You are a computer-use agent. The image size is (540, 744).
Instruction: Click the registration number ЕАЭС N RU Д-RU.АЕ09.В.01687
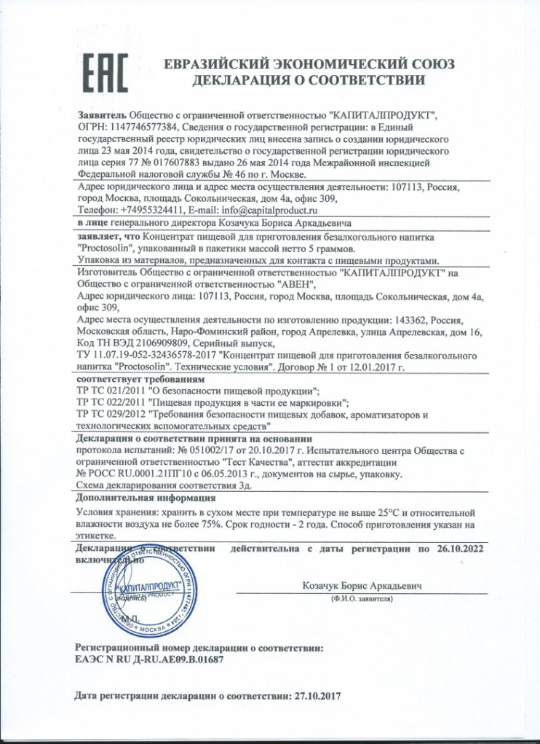coord(149,659)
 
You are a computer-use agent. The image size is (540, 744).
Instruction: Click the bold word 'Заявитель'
coord(102,115)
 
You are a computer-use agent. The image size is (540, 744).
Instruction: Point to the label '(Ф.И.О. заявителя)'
coord(361,598)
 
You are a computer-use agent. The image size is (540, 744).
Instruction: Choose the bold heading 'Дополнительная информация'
coord(146,498)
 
